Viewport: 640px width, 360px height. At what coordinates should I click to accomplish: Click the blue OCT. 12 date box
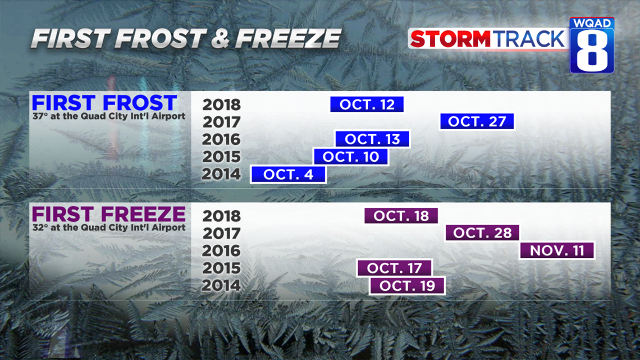[367, 104]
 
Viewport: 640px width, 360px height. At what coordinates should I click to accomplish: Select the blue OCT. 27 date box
[477, 121]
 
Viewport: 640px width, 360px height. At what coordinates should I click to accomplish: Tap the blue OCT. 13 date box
[372, 139]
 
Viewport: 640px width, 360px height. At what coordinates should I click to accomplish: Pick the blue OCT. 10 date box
[351, 156]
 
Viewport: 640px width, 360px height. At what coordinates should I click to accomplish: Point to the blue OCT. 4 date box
[288, 174]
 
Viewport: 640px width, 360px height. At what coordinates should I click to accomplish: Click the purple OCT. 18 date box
[401, 216]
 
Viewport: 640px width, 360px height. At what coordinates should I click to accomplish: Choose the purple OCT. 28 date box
[482, 233]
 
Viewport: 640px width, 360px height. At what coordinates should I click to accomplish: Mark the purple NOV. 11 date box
[557, 250]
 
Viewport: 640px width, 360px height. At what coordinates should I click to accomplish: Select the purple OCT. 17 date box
[394, 268]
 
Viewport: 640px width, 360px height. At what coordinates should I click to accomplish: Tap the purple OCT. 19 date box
[407, 285]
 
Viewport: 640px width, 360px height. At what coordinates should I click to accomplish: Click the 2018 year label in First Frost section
[222, 104]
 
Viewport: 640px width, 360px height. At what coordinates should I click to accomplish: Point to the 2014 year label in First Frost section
[221, 174]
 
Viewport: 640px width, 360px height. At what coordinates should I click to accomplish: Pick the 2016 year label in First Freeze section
[221, 250]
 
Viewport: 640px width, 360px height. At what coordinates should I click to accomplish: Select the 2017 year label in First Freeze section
[222, 233]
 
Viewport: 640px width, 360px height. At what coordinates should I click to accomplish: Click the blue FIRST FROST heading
[104, 102]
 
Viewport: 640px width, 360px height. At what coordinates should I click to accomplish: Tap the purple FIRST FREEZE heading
[109, 214]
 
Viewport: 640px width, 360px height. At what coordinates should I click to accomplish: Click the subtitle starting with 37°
[109, 116]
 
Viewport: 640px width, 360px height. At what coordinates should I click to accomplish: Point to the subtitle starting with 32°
[109, 228]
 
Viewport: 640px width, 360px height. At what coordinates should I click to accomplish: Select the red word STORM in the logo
[450, 39]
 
